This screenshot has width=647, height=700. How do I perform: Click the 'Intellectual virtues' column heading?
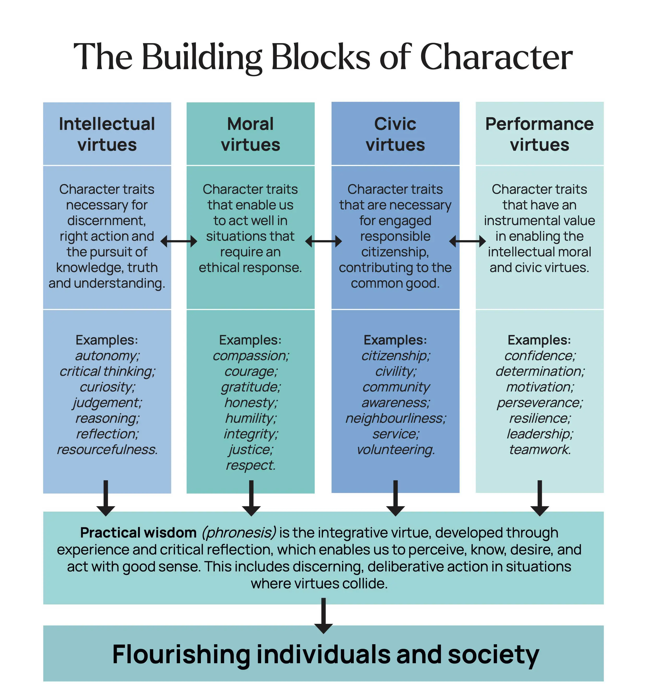[107, 134]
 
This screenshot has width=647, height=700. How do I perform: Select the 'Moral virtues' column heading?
[250, 134]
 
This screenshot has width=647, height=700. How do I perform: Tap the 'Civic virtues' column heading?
[395, 134]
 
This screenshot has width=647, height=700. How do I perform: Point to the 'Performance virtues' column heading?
[540, 134]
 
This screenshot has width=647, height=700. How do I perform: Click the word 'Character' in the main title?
[496, 57]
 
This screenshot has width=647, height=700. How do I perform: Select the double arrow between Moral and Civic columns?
[323, 241]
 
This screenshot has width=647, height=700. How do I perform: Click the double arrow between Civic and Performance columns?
[468, 241]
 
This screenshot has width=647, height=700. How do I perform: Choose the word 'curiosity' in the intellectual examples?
[107, 387]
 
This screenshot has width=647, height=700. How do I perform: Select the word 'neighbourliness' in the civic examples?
[396, 419]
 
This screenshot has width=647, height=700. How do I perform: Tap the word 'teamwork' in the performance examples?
[540, 450]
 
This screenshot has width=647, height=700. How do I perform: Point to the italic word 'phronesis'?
[239, 533]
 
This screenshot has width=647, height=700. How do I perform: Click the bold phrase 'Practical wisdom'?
[138, 533]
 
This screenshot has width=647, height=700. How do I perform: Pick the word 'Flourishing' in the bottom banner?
[181, 655]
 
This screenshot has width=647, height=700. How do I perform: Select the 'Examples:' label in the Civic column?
[395, 340]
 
